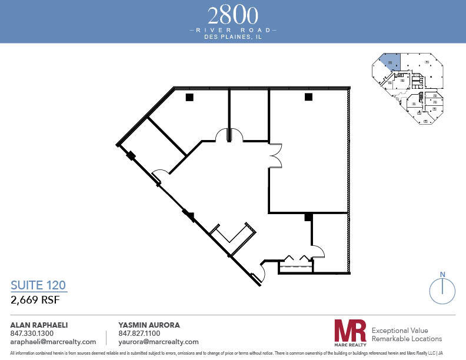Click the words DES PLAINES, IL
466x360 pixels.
(233, 36)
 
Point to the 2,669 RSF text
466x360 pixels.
(36, 299)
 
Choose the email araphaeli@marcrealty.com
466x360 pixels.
(53, 342)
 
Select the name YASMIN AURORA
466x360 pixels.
(149, 325)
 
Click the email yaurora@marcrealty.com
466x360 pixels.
(158, 342)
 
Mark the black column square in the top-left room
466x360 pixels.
(189, 97)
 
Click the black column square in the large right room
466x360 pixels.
(308, 97)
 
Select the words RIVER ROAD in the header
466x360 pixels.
(233, 29)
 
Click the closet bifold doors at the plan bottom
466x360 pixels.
(295, 259)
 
